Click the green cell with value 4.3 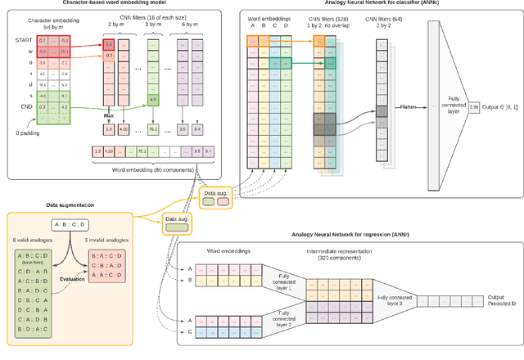tap(152, 101)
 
